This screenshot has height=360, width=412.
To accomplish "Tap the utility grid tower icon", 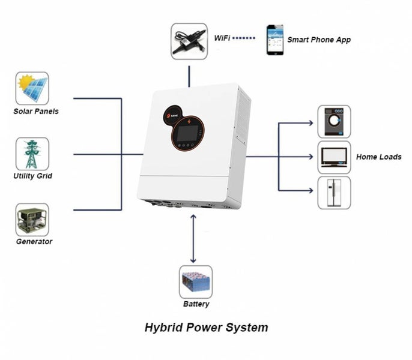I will tap(32, 154).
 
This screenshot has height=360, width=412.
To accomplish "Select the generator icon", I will tap(32, 220).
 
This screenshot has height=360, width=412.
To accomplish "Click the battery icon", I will tap(196, 282).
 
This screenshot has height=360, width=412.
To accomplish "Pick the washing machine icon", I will tap(333, 122).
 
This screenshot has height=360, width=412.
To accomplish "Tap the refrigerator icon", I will tap(333, 193).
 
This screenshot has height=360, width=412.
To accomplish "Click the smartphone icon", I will tap(275, 40).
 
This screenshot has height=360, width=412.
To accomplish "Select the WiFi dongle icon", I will tap(189, 41).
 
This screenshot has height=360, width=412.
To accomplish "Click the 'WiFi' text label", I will tap(222, 38).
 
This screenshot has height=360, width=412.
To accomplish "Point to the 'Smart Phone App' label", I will tap(318, 40).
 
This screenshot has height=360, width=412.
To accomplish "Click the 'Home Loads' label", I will tap(378, 157).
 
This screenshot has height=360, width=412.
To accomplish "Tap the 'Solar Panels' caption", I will tap(36, 111).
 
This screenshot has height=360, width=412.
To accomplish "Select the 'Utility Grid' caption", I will tap(32, 176).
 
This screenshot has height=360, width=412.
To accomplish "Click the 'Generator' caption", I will tap(34, 242).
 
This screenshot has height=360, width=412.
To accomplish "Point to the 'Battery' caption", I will tap(196, 304).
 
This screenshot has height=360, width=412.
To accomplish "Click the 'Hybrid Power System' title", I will tap(206, 328).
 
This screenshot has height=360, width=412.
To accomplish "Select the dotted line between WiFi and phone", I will tap(244, 38).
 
